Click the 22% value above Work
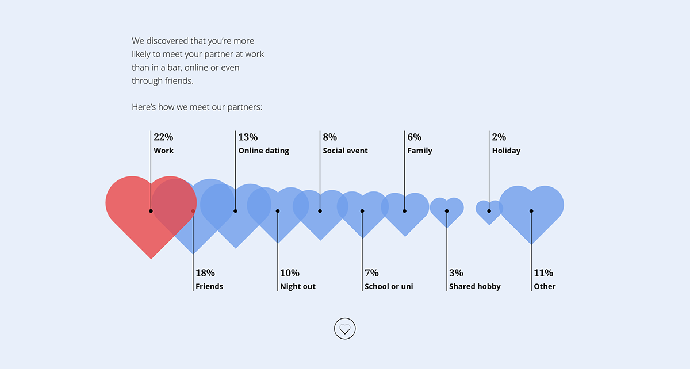click(x=163, y=137)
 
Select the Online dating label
click(x=264, y=151)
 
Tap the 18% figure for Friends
click(x=205, y=273)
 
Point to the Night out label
click(x=298, y=286)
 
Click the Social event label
click(x=346, y=151)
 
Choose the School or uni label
click(x=389, y=286)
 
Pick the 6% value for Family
click(x=415, y=137)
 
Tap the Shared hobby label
click(x=475, y=286)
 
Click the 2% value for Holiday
click(x=499, y=137)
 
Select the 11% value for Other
click(x=543, y=273)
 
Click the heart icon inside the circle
click(x=344, y=329)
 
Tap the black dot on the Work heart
click(x=151, y=211)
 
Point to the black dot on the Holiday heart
click(x=489, y=211)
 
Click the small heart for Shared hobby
click(x=447, y=209)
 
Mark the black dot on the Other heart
click(x=531, y=211)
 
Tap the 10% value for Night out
click(x=290, y=273)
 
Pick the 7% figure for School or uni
click(x=371, y=273)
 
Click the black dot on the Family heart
click(x=404, y=211)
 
